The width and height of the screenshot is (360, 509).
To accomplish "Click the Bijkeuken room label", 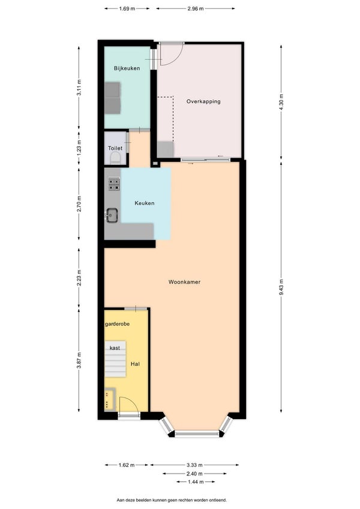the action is [x=127, y=68].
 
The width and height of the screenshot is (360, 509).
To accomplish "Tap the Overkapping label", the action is [x=203, y=101].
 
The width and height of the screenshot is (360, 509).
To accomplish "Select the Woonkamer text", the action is [x=184, y=282].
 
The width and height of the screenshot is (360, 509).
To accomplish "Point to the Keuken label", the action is [x=144, y=203].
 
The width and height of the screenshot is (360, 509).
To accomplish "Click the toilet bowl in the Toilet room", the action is [x=115, y=158].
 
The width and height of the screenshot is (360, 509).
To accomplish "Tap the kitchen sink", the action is [x=112, y=215].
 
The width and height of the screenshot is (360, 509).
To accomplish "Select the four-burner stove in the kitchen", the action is [x=114, y=184].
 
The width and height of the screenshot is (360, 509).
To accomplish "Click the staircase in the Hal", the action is [x=115, y=359].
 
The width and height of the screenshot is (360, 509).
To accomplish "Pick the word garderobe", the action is [x=117, y=324].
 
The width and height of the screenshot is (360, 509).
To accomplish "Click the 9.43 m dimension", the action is [x=281, y=287].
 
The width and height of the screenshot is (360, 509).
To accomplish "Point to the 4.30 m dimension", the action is [x=281, y=102].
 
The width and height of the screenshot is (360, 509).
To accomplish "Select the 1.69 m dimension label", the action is [x=127, y=9].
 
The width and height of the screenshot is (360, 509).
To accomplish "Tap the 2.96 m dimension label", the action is [x=196, y=9].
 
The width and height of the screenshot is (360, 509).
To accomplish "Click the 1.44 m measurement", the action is [x=196, y=482].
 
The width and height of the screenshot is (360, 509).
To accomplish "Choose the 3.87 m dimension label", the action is [x=79, y=361].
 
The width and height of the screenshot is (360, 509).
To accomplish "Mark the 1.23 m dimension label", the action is [x=79, y=146].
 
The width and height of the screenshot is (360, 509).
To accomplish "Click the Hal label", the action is [x=135, y=365].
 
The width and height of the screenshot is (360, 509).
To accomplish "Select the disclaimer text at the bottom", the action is [x=172, y=500].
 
